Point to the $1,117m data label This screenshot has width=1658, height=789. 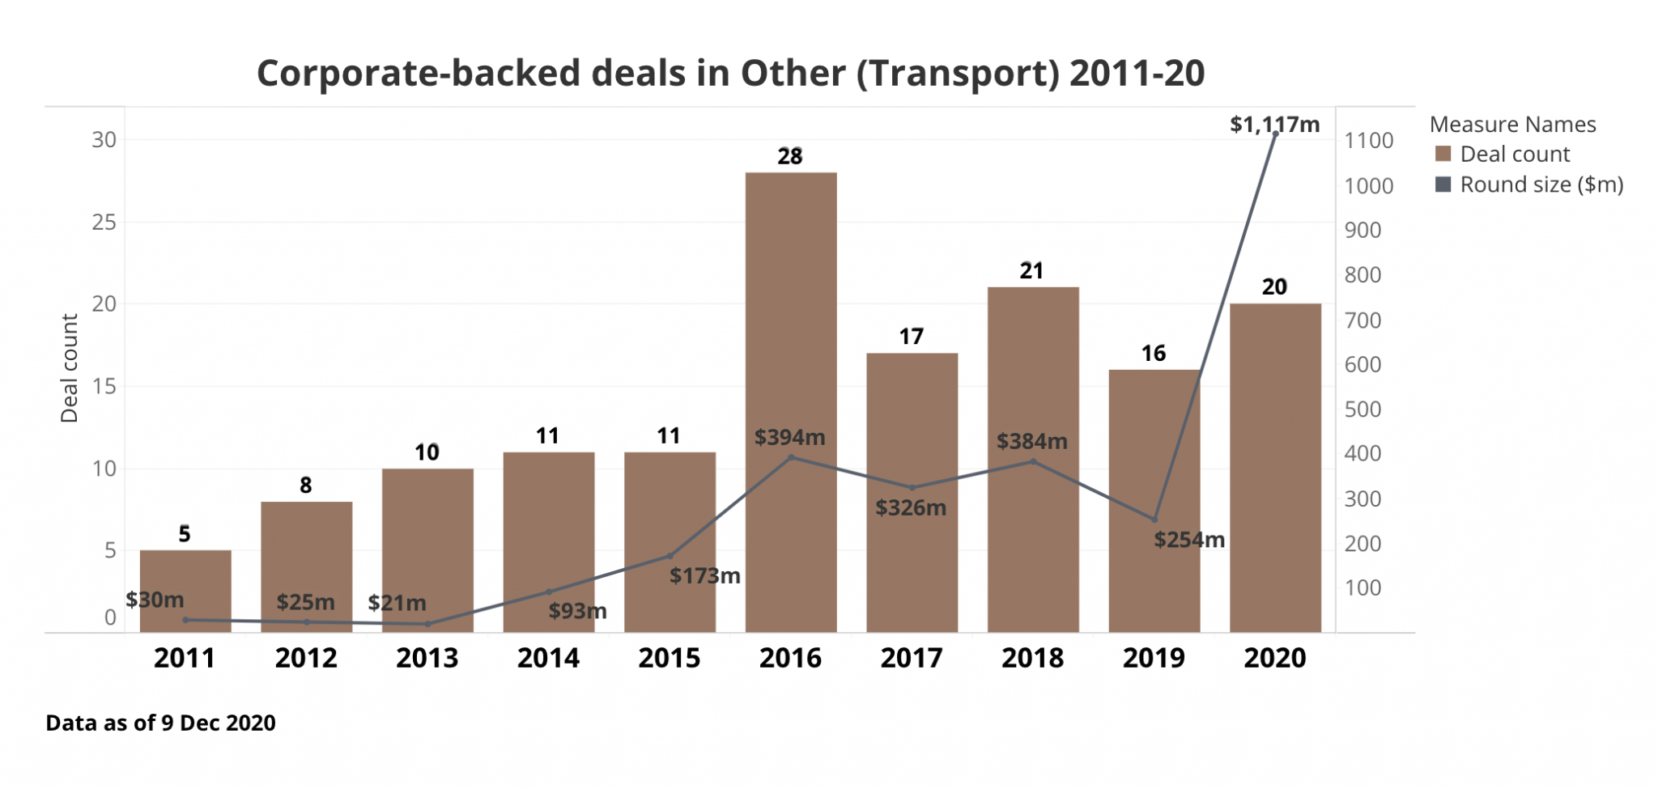pos(1274,125)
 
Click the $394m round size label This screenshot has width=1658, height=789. pos(789,438)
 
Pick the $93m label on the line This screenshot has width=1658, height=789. pos(577,611)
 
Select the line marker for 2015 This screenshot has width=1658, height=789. pos(670,556)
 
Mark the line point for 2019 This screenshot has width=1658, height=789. pos(1154,520)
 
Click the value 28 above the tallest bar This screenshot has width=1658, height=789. pos(790,156)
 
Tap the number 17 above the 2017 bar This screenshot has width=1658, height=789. pos(911,337)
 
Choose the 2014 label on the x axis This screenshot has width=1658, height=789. pos(548,658)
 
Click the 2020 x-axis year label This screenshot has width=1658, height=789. pos(1274,658)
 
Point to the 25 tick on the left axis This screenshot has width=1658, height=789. pos(104,223)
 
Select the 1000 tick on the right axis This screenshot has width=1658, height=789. pos(1368,186)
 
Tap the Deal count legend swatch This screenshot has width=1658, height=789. pos(1443,154)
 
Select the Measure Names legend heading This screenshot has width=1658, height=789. pos(1512,125)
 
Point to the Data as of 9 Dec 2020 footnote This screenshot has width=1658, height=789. pos(160,723)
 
